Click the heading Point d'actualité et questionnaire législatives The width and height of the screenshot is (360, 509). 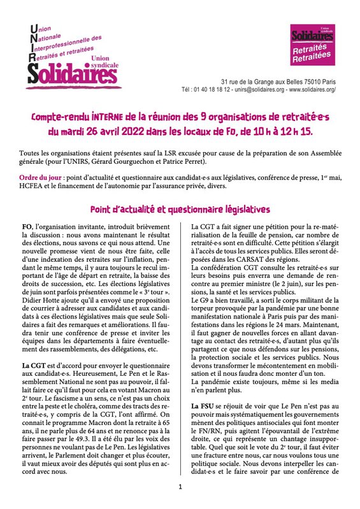coord(179,209)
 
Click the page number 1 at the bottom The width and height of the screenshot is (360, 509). coord(180,487)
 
